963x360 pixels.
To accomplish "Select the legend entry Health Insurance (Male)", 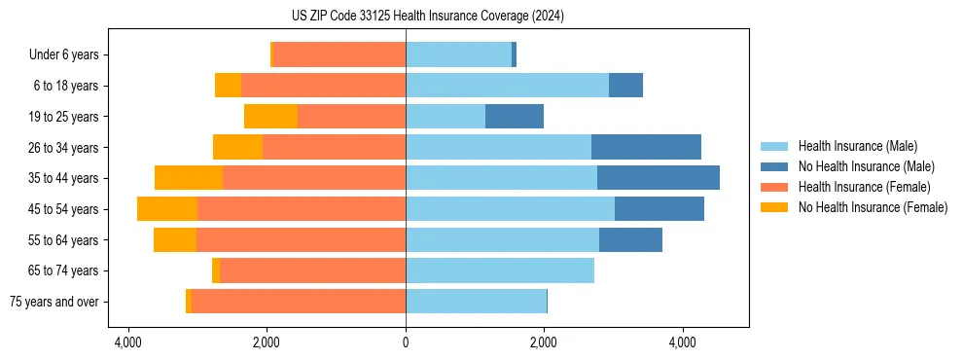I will click(x=857, y=146).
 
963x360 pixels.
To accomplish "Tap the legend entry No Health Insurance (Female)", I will click(x=873, y=207).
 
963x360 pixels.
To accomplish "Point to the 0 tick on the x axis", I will click(x=406, y=342).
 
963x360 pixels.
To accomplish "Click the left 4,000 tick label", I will click(x=128, y=342).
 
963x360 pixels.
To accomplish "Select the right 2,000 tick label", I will click(x=544, y=342).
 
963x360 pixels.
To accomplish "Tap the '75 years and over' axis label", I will click(x=54, y=302).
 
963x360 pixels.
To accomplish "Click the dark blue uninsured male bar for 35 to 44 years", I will click(x=659, y=178).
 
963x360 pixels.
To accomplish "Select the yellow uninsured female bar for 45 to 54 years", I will click(x=167, y=209).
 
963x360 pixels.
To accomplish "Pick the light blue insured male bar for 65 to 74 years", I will click(x=500, y=270).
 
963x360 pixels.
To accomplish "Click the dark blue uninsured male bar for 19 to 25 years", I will click(x=515, y=117).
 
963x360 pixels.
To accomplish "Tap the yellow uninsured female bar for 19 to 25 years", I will click(x=270, y=117).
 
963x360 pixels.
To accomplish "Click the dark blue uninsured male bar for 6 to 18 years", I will click(x=625, y=86).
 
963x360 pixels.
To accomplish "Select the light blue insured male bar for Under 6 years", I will click(x=458, y=55).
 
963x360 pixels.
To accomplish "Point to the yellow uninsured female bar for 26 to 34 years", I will click(x=237, y=148).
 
